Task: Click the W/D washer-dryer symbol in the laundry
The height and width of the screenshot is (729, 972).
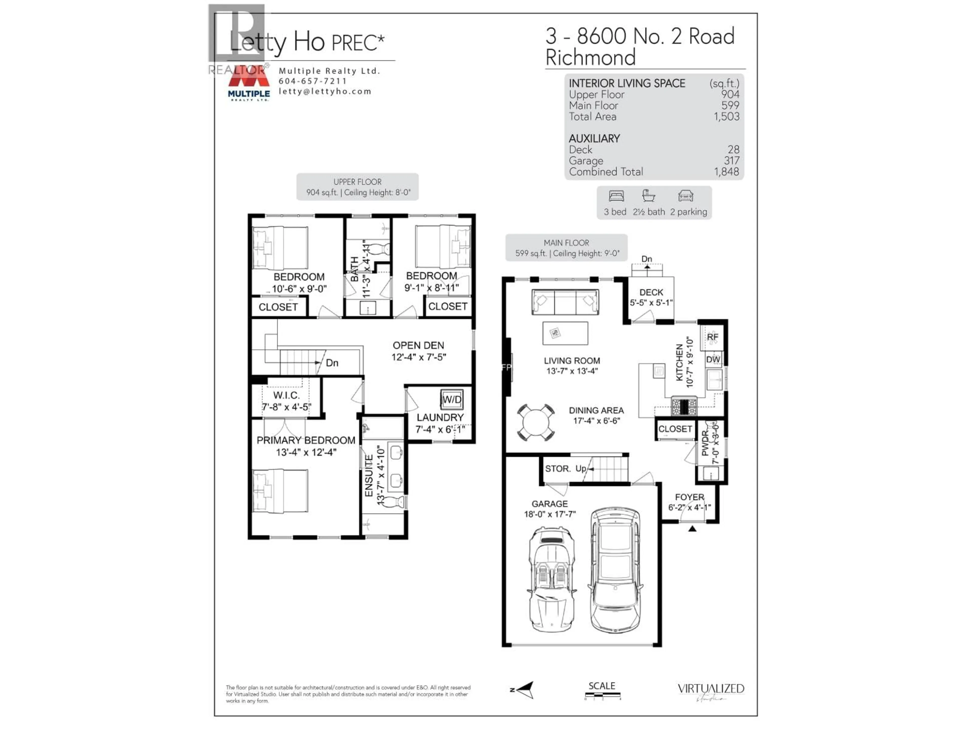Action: click(x=452, y=399)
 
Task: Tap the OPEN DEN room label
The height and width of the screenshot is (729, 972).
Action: click(x=418, y=345)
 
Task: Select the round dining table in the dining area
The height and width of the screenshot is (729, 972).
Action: click(x=535, y=422)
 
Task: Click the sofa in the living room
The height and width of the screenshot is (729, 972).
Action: click(x=565, y=302)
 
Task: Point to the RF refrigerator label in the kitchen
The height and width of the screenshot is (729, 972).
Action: click(x=712, y=337)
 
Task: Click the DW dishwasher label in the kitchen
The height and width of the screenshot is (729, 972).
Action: click(x=713, y=359)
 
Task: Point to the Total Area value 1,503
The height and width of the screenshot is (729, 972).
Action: click(x=726, y=116)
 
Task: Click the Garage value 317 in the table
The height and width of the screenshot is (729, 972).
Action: click(x=732, y=161)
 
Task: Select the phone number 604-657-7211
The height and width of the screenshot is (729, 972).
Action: click(x=312, y=81)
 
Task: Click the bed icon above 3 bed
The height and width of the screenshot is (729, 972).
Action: click(x=616, y=196)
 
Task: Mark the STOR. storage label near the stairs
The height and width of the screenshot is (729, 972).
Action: click(x=557, y=469)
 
